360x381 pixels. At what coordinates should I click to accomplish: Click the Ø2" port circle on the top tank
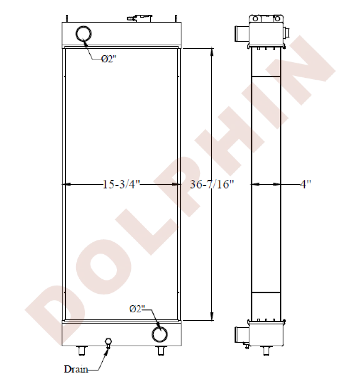click(x=83, y=34)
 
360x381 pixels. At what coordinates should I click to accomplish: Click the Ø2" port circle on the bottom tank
click(x=159, y=334)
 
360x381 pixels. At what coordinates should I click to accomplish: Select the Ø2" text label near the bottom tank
click(x=138, y=309)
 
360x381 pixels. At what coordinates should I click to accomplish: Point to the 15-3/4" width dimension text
click(x=122, y=185)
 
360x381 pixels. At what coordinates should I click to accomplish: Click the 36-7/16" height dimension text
click(x=212, y=185)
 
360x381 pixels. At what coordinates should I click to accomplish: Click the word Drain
click(x=76, y=369)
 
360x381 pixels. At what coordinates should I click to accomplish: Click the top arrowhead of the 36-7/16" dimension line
click(x=212, y=52)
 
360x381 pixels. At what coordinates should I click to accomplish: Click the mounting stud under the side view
click(x=266, y=351)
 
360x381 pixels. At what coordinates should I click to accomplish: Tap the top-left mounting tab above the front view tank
click(x=67, y=18)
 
